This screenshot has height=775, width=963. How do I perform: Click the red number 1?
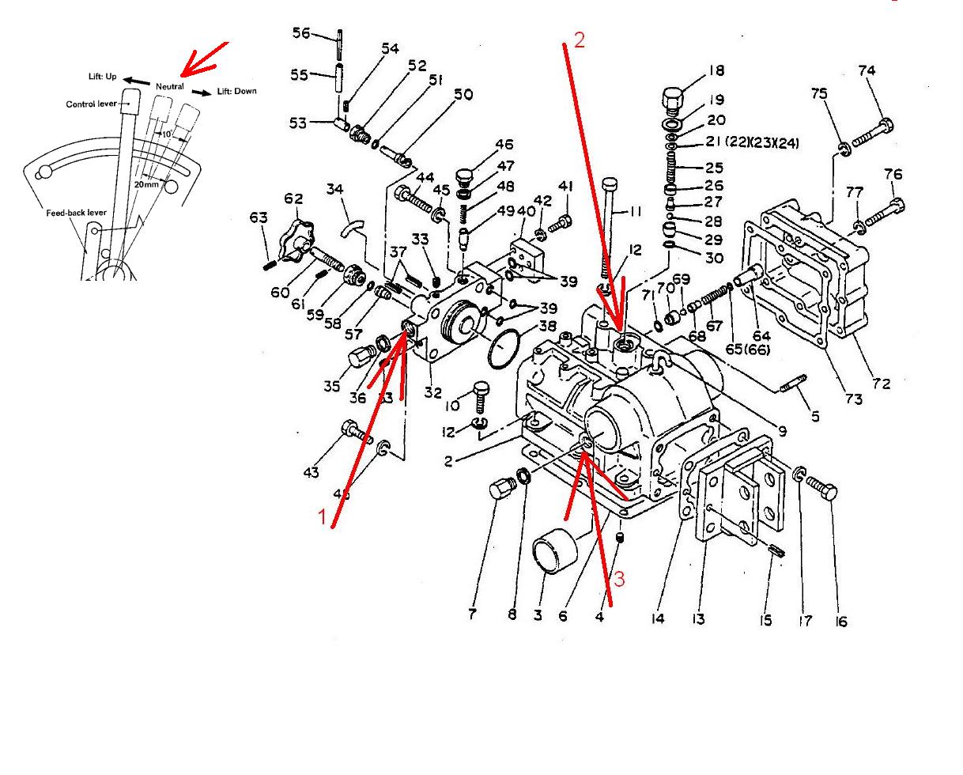[322, 518]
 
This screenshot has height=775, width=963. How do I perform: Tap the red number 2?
[580, 40]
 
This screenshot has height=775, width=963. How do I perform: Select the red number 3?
[618, 579]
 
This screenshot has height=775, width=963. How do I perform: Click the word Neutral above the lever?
[170, 86]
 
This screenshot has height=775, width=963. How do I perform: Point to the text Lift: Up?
[102, 77]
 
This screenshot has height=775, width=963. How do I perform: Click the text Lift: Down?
[237, 91]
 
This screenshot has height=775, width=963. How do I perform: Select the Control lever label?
[91, 104]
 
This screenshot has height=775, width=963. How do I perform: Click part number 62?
[293, 198]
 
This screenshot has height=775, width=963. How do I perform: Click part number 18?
[716, 70]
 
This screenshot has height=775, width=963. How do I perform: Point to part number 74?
[867, 70]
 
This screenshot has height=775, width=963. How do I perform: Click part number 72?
[881, 384]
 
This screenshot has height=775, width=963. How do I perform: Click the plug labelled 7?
[500, 490]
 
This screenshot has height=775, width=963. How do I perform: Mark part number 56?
[301, 32]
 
